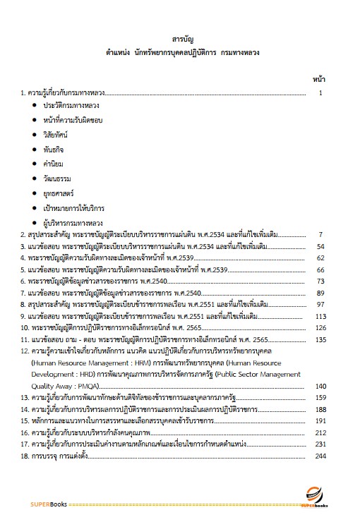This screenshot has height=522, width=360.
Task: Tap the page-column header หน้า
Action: click(319, 79)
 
